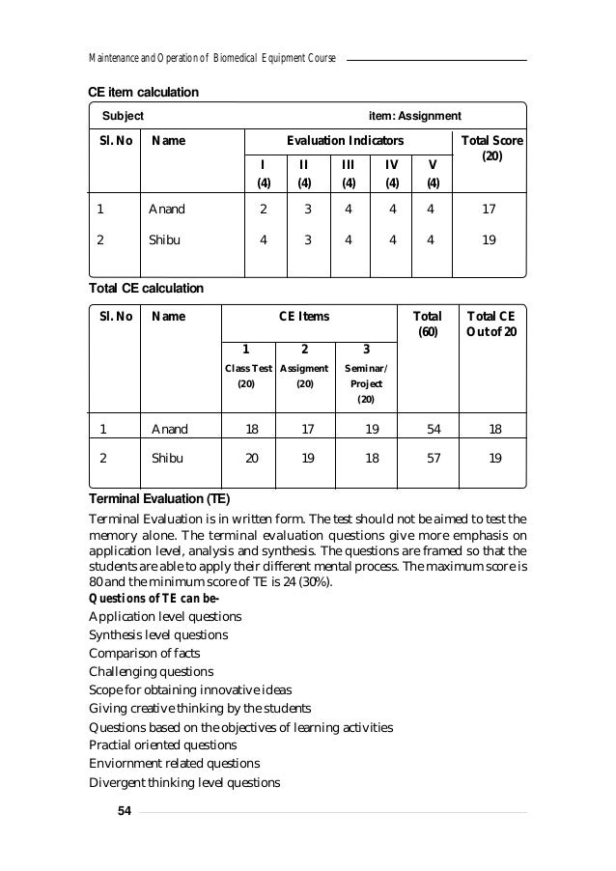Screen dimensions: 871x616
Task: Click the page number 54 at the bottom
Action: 123,809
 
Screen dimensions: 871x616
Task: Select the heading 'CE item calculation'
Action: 144,93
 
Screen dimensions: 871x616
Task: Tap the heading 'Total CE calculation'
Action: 146,288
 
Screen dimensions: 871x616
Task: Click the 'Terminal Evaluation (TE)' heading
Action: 159,499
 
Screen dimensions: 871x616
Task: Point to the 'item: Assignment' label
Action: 416,116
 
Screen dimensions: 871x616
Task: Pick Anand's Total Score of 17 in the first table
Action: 492,208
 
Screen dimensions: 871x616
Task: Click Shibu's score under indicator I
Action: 264,241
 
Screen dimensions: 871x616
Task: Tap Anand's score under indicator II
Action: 306,208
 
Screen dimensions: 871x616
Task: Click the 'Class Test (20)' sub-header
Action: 248,376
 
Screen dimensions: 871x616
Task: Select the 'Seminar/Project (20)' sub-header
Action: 366,383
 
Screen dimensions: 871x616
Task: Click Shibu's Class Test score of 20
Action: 250,459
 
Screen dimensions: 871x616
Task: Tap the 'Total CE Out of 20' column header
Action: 491,324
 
